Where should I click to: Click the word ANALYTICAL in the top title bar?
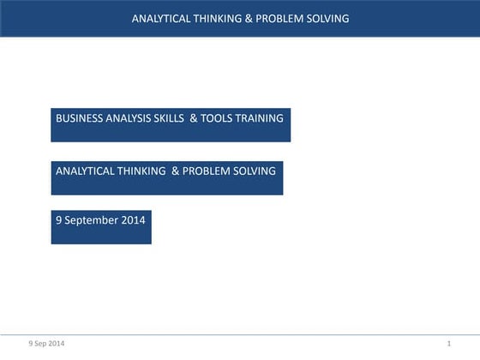(x=159, y=18)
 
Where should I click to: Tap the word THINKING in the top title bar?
(x=217, y=18)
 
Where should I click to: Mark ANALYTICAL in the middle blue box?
(x=83, y=171)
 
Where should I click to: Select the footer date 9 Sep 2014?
(x=45, y=344)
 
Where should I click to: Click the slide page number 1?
(x=448, y=344)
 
